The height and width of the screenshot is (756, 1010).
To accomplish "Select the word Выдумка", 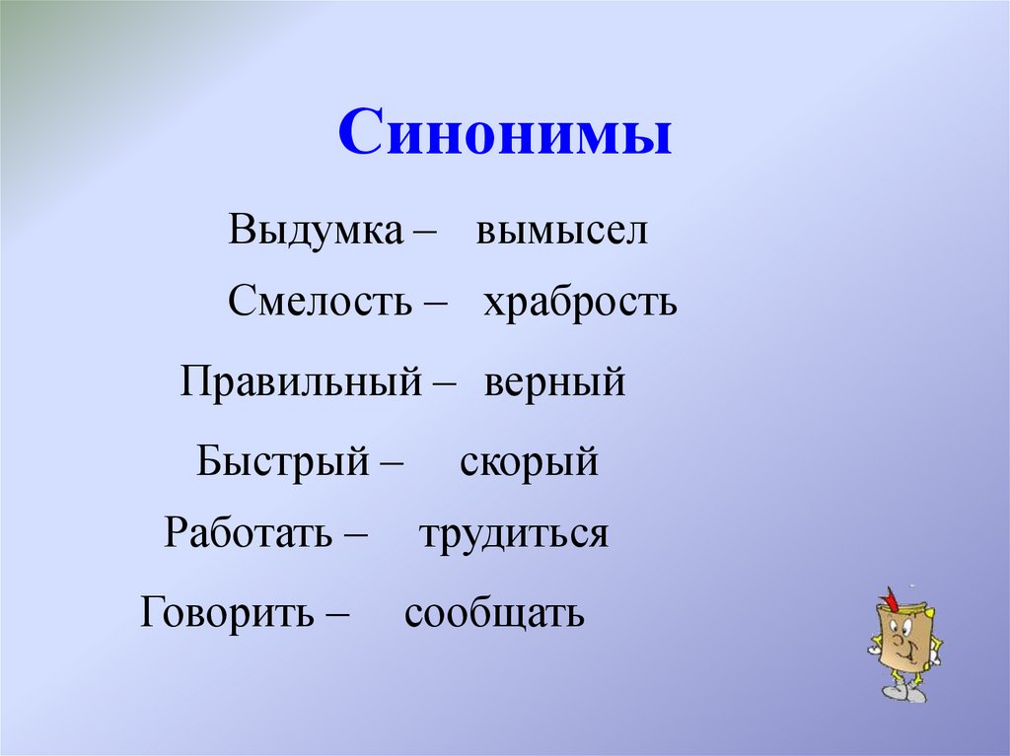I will pos(316,231).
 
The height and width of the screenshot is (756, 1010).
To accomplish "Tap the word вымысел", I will pos(561,231).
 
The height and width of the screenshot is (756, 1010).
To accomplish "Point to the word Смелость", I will pos(320,302).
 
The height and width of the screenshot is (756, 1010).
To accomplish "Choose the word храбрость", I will pos(580,302).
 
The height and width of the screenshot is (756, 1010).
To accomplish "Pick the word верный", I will pos(554,381).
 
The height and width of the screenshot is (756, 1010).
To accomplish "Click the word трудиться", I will pos(513,533).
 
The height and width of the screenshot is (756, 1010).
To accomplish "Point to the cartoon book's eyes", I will pos(902,627).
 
